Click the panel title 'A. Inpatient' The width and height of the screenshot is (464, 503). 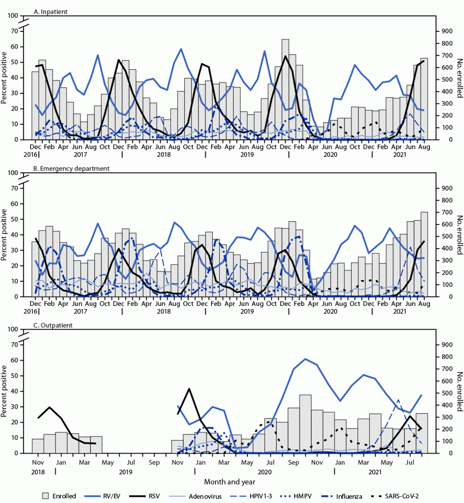(51, 12)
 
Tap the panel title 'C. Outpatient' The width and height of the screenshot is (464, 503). (53, 325)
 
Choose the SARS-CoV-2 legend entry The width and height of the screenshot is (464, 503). (395, 496)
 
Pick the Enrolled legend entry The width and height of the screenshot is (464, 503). (59, 496)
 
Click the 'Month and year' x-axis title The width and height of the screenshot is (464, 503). (229, 482)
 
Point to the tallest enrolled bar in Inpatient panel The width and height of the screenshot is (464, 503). (285, 89)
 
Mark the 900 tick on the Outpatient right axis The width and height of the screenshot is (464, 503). (447, 345)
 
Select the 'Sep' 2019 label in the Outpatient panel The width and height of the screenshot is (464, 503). (154, 463)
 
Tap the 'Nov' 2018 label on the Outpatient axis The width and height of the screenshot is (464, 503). (38, 463)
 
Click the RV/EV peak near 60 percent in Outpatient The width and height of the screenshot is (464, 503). (305, 359)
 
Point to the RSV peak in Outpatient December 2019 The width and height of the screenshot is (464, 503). (190, 389)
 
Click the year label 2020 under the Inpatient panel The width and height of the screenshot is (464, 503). (330, 154)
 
